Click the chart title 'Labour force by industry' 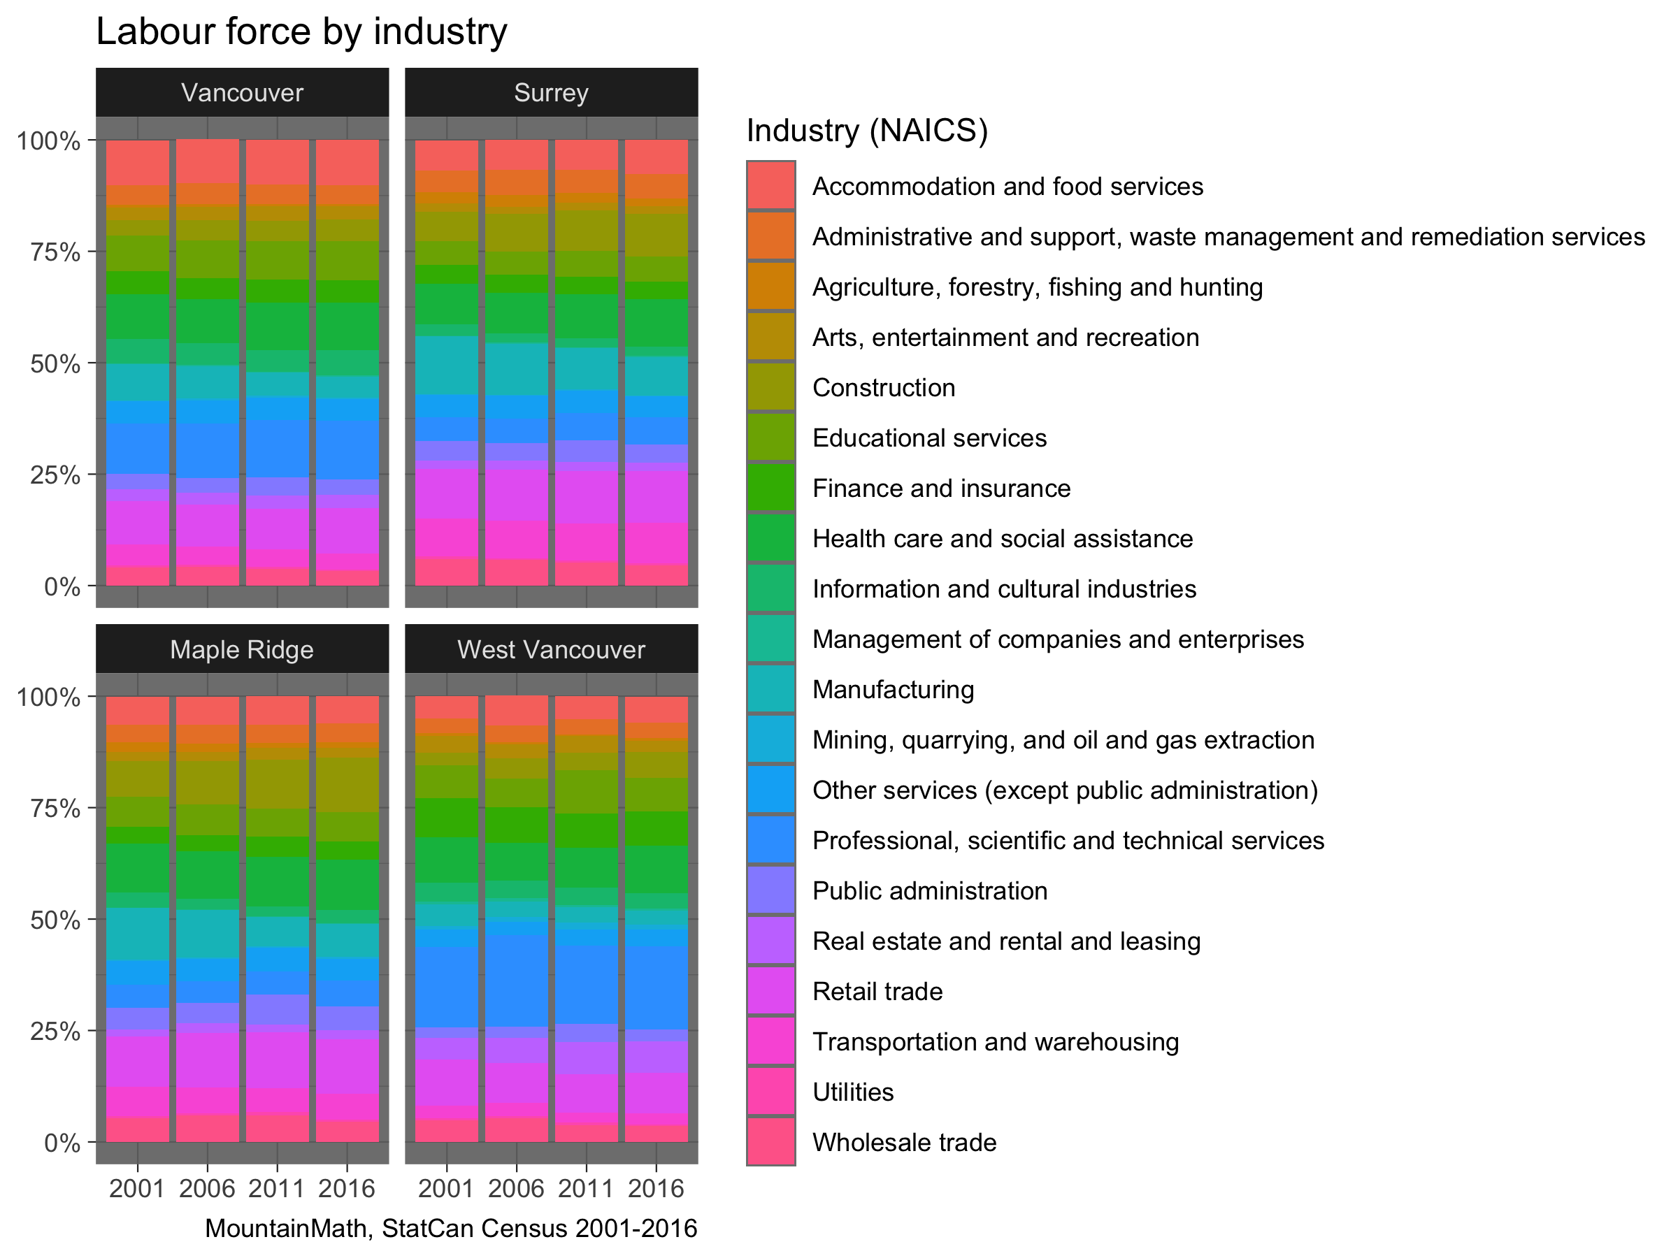[301, 32]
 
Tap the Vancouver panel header [242, 92]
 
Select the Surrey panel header [551, 92]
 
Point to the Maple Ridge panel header [242, 649]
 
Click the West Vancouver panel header [551, 649]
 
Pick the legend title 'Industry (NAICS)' [867, 131]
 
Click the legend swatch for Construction [770, 386]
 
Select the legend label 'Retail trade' [877, 991]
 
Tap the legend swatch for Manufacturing [770, 689]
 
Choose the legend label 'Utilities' [853, 1092]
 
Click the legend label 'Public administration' [929, 890]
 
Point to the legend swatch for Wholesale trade [770, 1142]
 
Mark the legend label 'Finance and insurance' [940, 488]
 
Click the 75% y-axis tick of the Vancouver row [55, 252]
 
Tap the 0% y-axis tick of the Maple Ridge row [62, 1143]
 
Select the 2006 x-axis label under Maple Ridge [207, 1188]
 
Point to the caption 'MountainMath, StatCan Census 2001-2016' [450, 1229]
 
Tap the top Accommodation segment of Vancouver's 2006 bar [207, 161]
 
